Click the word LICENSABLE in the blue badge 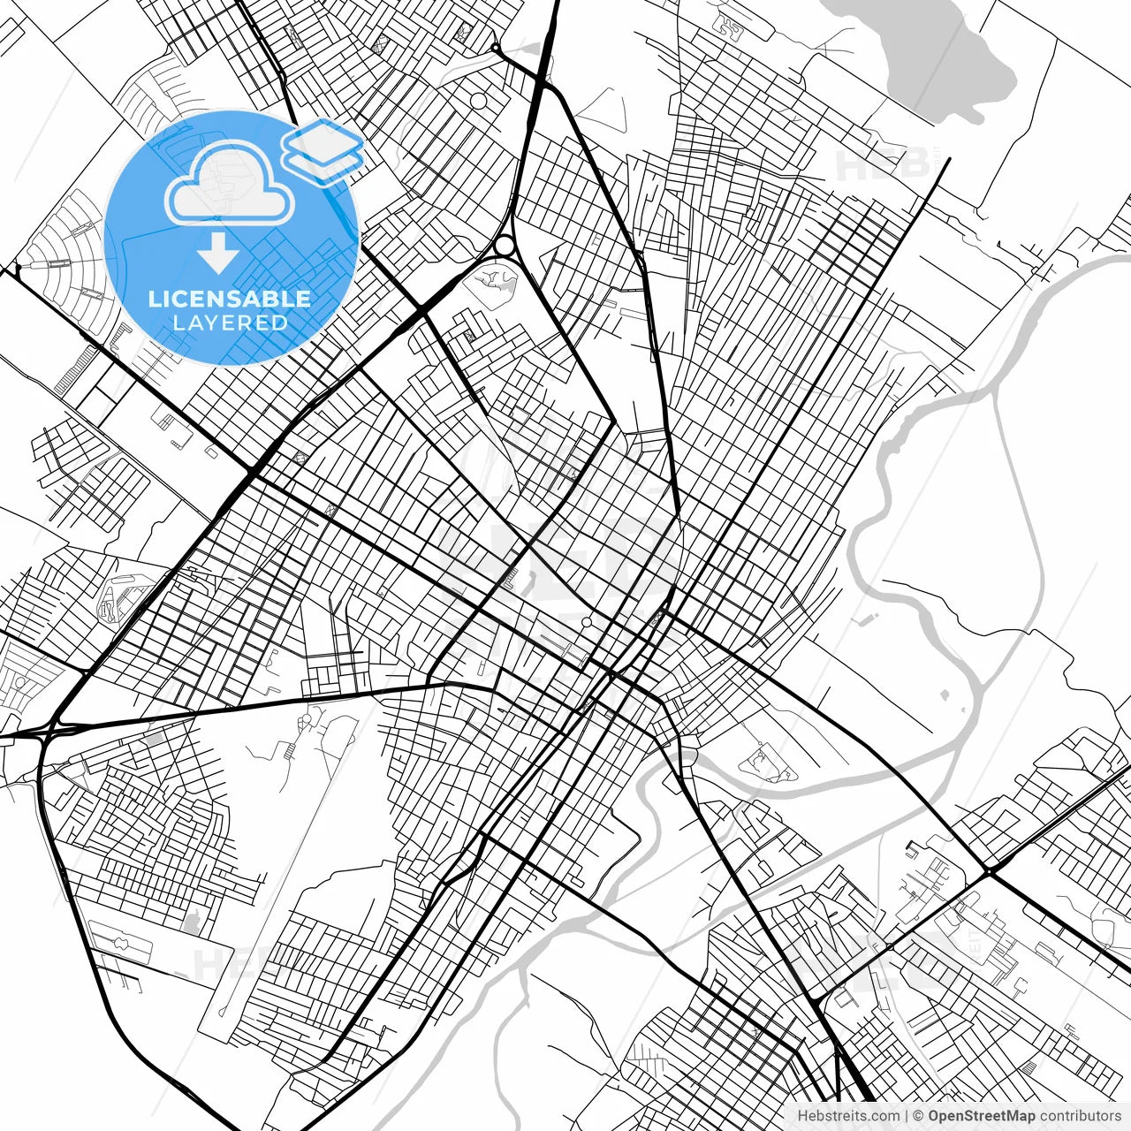(x=230, y=299)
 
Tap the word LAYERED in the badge (x=230, y=323)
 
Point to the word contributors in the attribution (x=1081, y=1116)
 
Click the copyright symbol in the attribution (x=918, y=1116)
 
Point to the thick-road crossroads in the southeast (x=988, y=873)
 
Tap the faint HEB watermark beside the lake (x=870, y=163)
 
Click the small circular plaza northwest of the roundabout (x=478, y=102)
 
